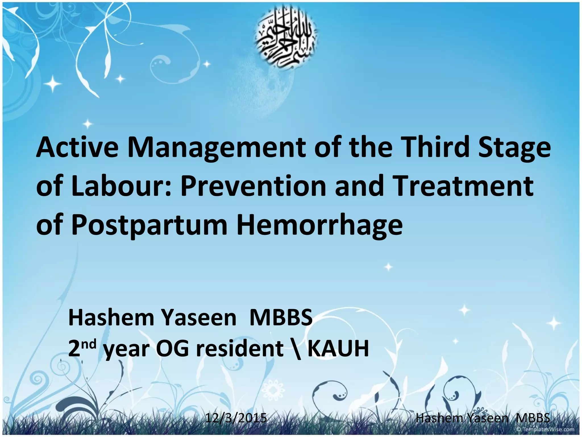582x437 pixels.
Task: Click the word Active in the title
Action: point(77,147)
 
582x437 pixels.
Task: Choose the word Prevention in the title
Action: point(253,187)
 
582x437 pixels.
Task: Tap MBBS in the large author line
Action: point(281,318)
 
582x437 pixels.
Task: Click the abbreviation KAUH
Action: point(338,348)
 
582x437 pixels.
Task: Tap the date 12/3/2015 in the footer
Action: point(236,418)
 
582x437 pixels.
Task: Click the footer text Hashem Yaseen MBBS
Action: point(483,418)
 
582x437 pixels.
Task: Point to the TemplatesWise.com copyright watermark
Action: point(545,429)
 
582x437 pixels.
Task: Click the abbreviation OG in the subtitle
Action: point(172,348)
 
